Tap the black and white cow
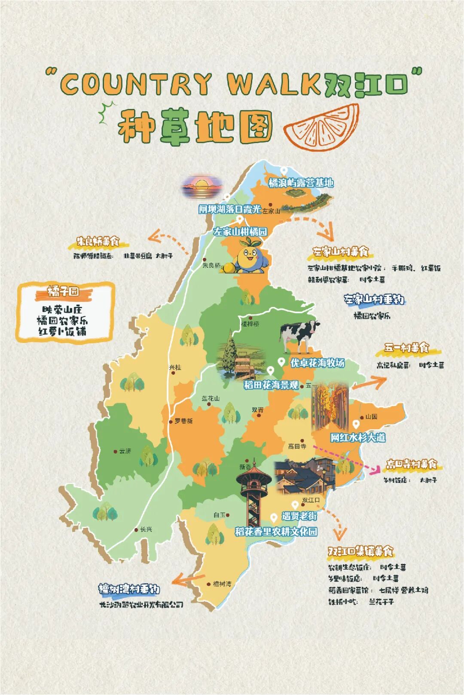pos(299,334)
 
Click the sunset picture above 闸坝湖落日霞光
pos(202,186)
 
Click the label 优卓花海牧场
pos(317,363)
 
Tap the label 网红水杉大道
pos(357,437)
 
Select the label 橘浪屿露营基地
pos(301,183)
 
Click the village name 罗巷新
pos(183,421)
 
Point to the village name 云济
pos(125,451)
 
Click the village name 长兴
pos(146,529)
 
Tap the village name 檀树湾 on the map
pos(222,584)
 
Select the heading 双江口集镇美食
pos(360,551)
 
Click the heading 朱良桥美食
pos(98,242)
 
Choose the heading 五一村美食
pos(406,348)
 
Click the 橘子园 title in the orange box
pos(64,292)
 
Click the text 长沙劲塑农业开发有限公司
pos(141,604)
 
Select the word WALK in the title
pos(274,84)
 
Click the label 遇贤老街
pos(299,516)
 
